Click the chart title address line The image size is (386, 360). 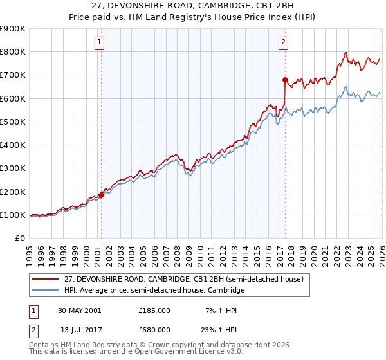click(x=192, y=6)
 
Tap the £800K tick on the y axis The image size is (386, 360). click(x=13, y=51)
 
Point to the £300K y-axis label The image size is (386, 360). click(x=13, y=168)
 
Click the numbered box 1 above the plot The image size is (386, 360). click(x=100, y=43)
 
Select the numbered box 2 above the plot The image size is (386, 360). click(x=283, y=43)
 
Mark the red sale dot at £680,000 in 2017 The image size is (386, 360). click(x=284, y=80)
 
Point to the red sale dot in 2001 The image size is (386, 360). click(x=102, y=195)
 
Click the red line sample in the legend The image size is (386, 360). click(x=46, y=279)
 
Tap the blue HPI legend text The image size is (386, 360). click(x=154, y=290)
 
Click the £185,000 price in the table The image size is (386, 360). click(x=154, y=310)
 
